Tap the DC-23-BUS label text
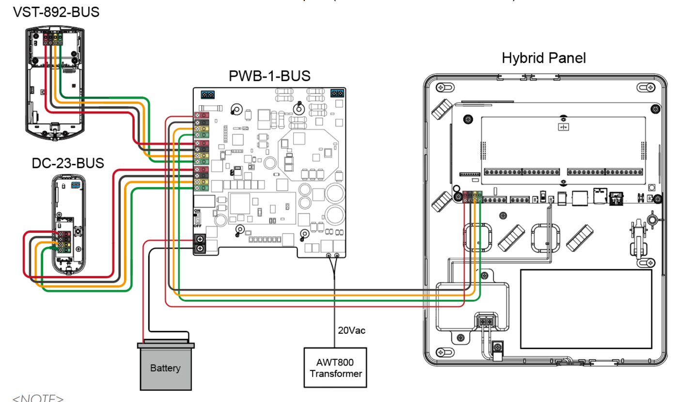[67, 163]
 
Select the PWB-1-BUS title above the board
[269, 77]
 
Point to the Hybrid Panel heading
[544, 59]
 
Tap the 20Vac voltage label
[352, 330]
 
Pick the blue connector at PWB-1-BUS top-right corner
[337, 93]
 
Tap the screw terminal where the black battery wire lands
[199, 249]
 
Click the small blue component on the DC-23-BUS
[76, 185]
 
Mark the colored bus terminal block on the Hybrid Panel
[473, 196]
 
